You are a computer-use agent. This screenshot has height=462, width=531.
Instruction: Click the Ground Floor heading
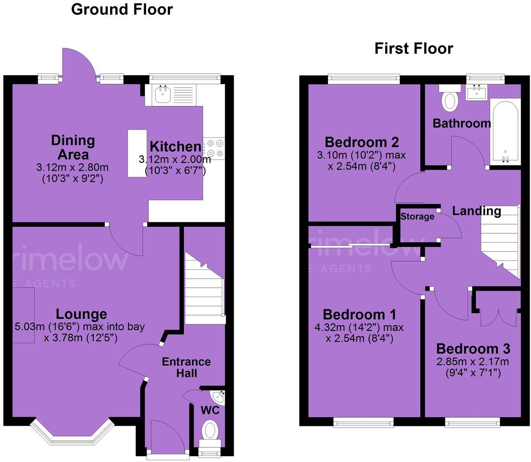tap(122, 9)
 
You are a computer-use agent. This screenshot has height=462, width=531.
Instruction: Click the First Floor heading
tap(413, 48)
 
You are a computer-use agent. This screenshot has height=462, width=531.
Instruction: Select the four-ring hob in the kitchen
tap(214, 147)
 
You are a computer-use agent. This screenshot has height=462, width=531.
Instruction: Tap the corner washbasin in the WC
tap(218, 396)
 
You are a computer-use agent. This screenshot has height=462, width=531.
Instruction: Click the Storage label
tap(417, 217)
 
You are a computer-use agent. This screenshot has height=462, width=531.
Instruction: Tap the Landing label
tap(476, 211)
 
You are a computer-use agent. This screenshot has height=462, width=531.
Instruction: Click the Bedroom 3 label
tap(473, 349)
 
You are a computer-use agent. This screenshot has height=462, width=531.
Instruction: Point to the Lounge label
tap(82, 314)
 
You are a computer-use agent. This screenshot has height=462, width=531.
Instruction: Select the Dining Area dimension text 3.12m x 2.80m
tap(72, 167)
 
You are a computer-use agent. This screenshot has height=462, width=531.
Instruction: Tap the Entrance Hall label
tap(186, 367)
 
